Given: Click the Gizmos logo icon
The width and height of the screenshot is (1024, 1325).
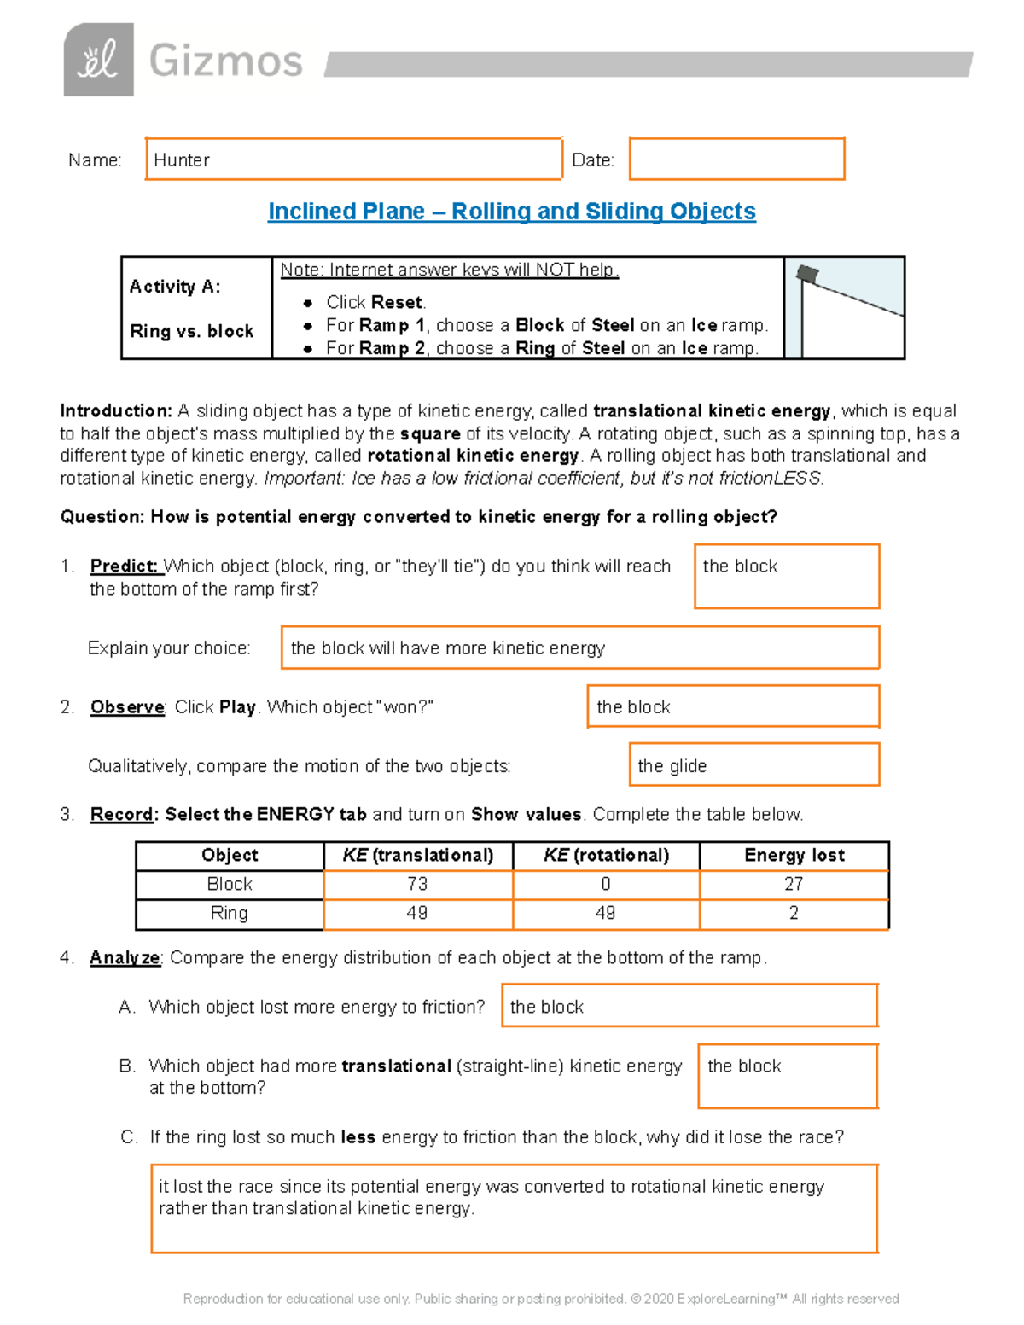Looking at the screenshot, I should coord(98,60).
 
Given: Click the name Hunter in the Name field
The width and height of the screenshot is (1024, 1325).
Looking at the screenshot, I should coord(182,160).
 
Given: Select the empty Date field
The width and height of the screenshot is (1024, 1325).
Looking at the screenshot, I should coord(736,159).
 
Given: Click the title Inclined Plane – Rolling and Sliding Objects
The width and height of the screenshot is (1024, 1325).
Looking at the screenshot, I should coord(511,212).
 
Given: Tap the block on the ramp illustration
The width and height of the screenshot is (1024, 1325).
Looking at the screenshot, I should coord(807,274).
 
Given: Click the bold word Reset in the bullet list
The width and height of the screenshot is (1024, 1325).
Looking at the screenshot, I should coord(397,302).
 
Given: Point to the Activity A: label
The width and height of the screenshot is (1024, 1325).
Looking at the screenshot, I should coord(175,287).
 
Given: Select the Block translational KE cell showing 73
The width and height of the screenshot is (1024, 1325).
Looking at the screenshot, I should coord(417,885).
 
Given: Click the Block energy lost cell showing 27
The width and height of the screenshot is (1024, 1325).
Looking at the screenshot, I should coord(794,885).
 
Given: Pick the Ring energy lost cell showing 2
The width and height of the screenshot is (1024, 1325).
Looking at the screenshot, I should coord(794,914).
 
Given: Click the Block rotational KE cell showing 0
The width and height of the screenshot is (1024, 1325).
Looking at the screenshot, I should coord(606,885).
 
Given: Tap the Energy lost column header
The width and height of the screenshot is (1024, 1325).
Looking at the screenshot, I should coord(794,856).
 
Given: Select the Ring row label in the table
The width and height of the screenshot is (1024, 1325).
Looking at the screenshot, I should coord(230,914).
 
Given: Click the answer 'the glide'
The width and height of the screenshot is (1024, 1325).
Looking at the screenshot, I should coord(672,766).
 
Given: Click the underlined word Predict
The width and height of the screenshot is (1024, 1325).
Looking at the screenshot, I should coord(125,567).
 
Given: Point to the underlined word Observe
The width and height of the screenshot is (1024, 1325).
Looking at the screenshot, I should coord(127,707).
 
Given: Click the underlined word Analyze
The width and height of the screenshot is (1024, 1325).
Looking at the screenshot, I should coord(125,958).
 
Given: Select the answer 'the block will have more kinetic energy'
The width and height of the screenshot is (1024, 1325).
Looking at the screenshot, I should coord(448,648).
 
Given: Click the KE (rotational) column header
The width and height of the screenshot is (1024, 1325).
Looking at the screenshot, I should coord(606,856).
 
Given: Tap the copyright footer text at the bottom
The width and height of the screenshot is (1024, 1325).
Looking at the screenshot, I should coord(541,1299).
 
